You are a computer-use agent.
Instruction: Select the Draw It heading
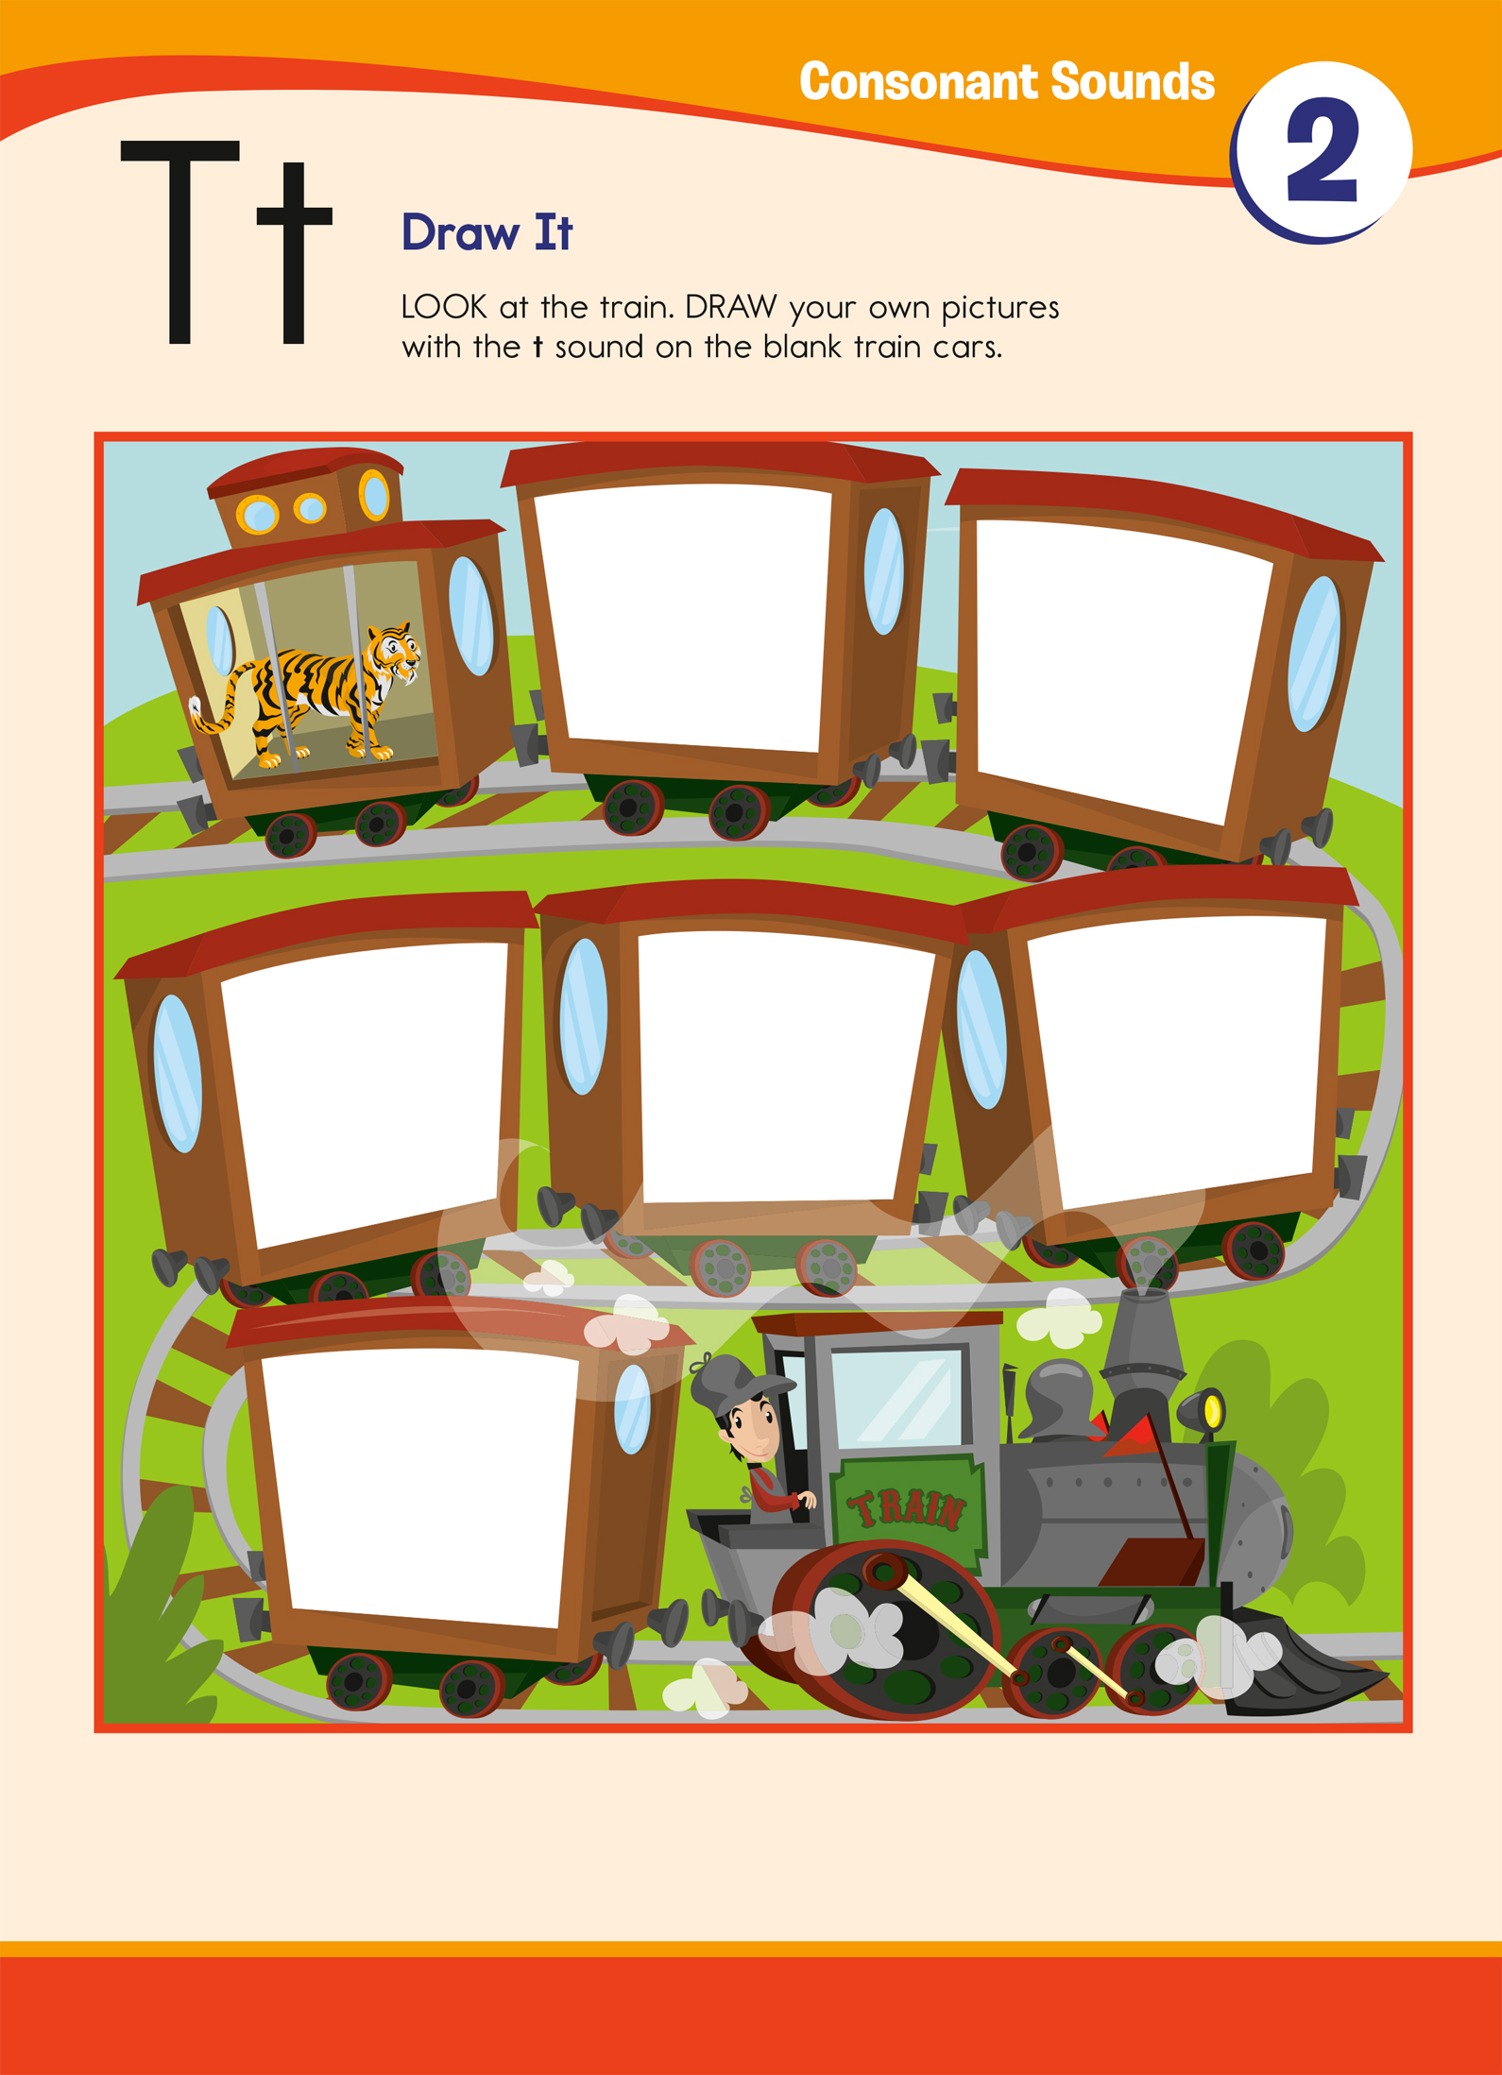point(486,232)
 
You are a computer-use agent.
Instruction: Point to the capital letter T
point(179,241)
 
